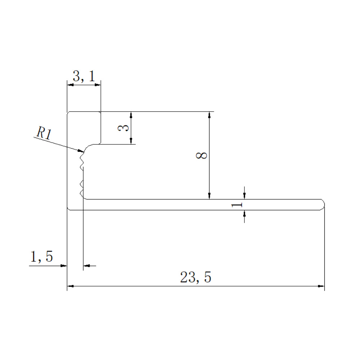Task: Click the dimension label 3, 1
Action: tap(84, 76)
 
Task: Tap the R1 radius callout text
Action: tap(44, 133)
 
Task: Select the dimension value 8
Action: tap(202, 155)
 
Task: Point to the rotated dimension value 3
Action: tap(123, 128)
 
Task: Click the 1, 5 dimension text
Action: tap(41, 256)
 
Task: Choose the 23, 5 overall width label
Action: tap(195, 277)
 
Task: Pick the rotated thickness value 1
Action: tap(237, 204)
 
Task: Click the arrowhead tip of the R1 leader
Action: tap(84, 152)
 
